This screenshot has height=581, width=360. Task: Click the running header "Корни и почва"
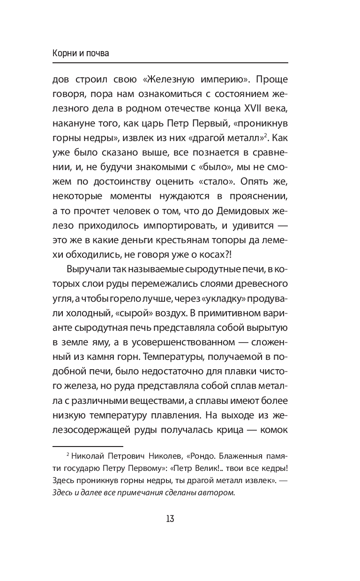point(81,53)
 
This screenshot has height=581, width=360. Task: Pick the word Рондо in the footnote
point(200,456)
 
